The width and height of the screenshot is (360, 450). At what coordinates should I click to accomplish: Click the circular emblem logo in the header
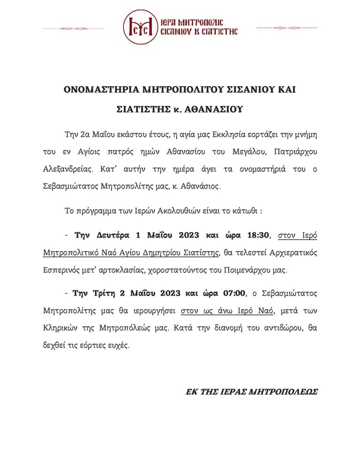pyautogui.click(x=140, y=27)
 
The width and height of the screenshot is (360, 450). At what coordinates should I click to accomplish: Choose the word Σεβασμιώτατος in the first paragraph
pyautogui.click(x=71, y=186)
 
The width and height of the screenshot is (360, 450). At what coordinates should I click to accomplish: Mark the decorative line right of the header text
pyautogui.click(x=287, y=28)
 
